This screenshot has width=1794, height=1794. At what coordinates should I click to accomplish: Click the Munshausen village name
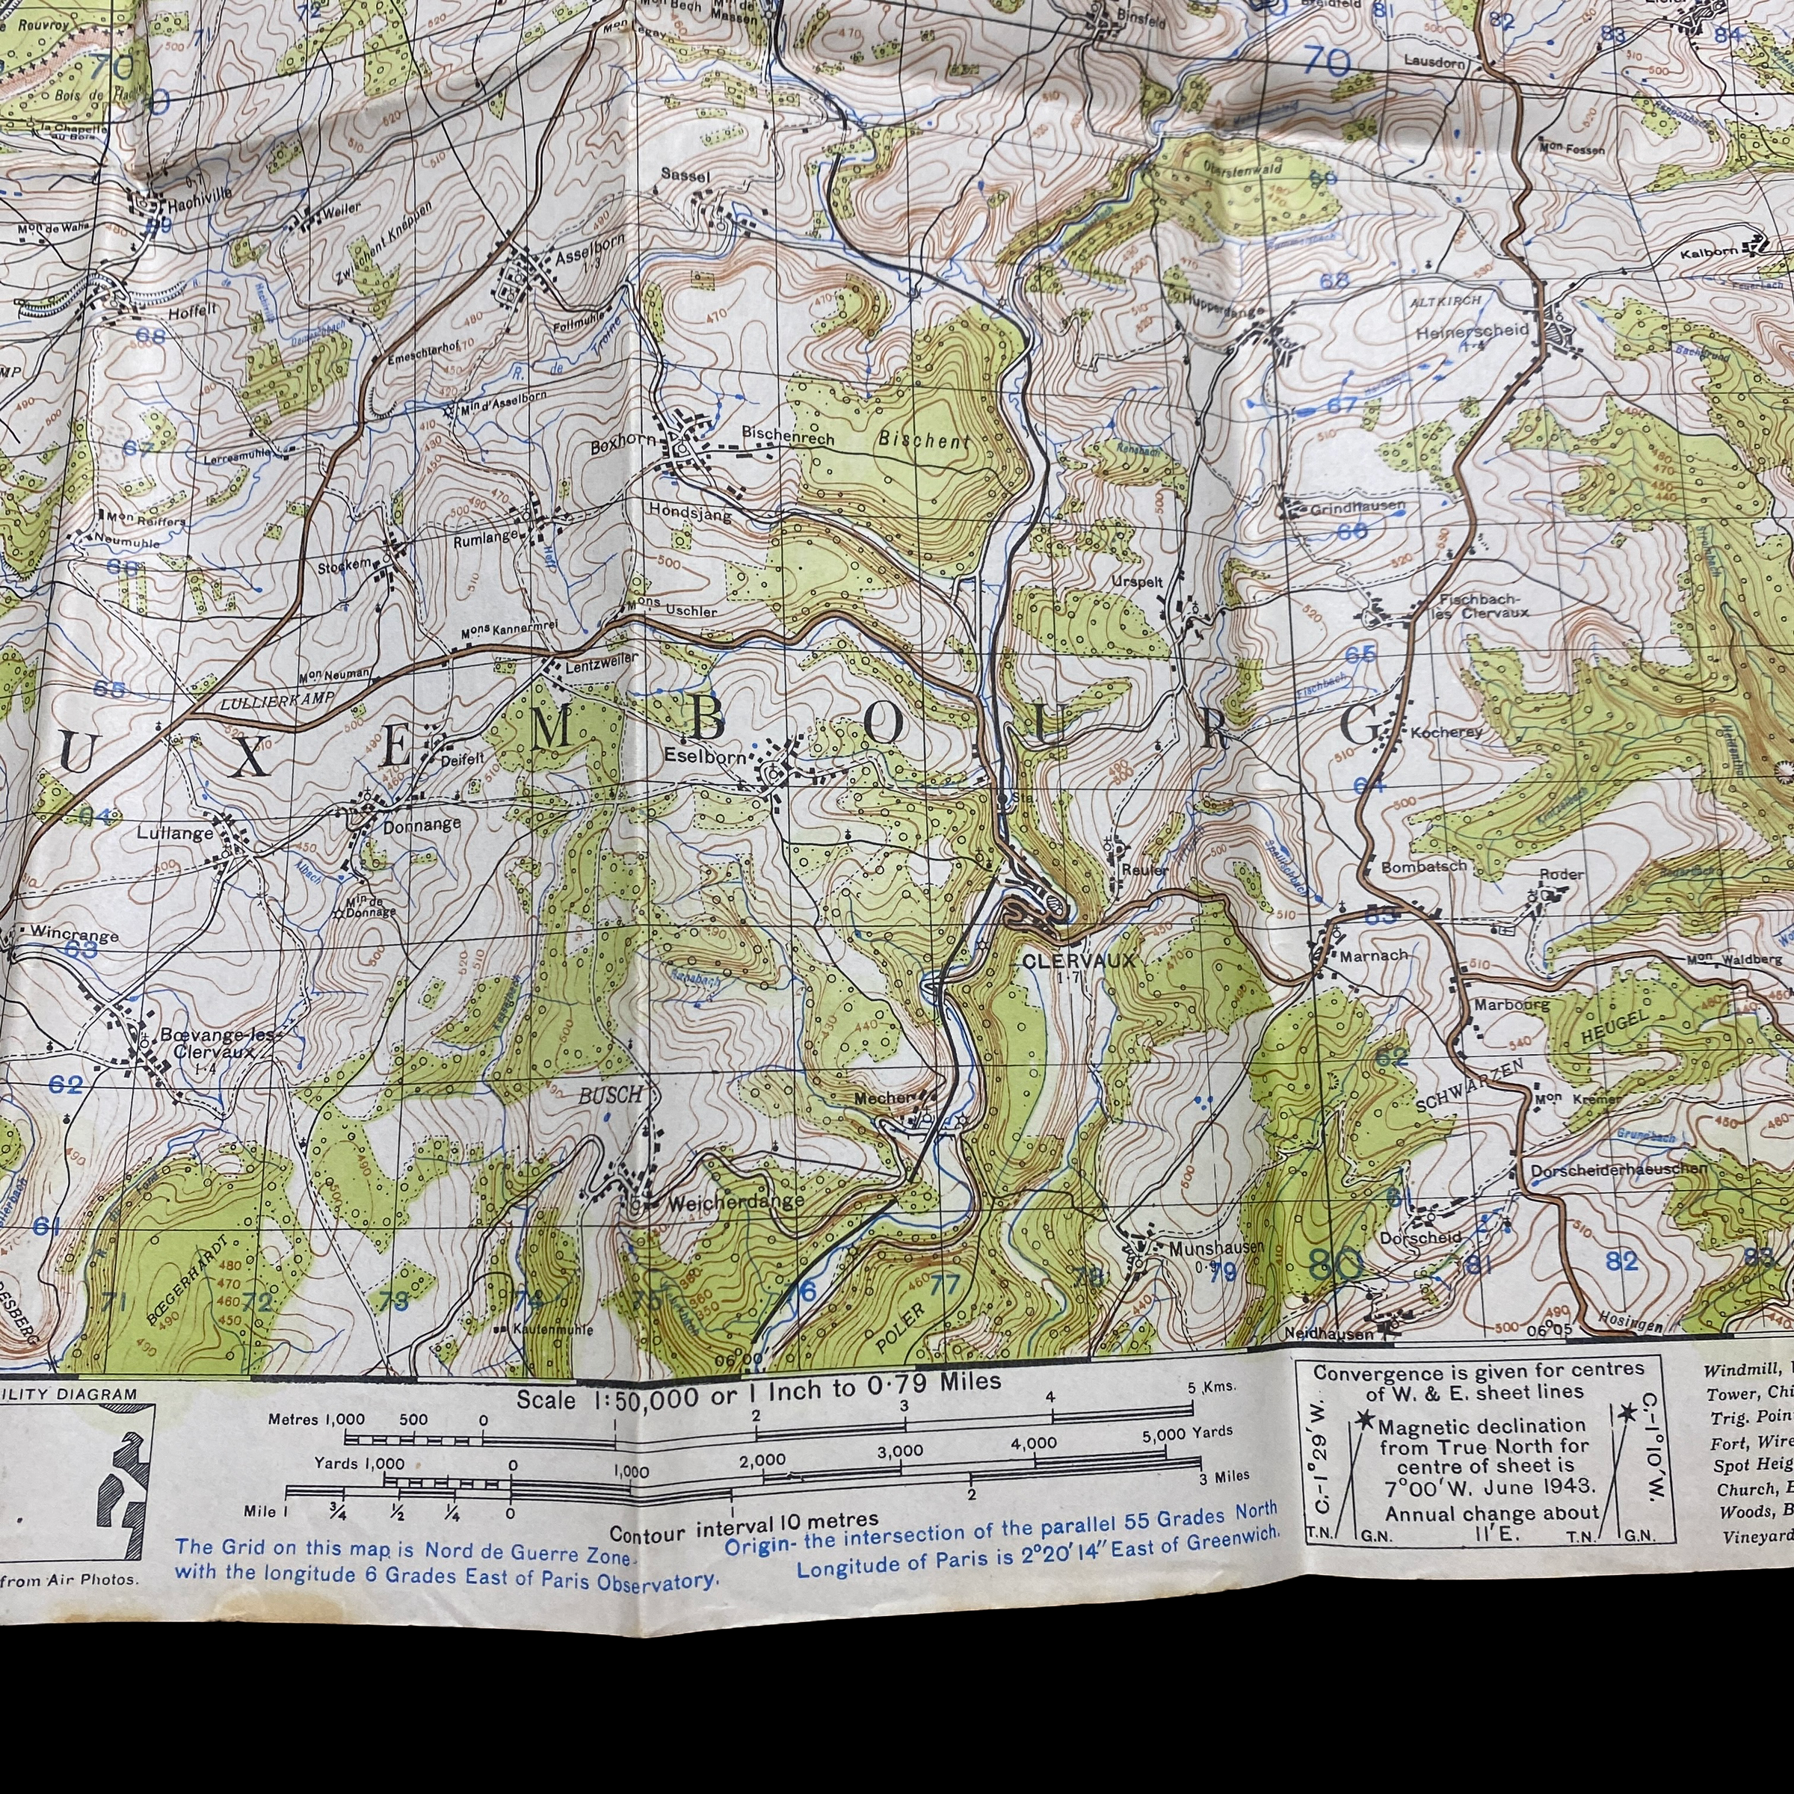tap(1215, 1248)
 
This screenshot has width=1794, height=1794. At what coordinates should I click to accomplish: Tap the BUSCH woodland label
tap(609, 1096)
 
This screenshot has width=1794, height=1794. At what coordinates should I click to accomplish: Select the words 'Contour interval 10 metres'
tap(743, 1523)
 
